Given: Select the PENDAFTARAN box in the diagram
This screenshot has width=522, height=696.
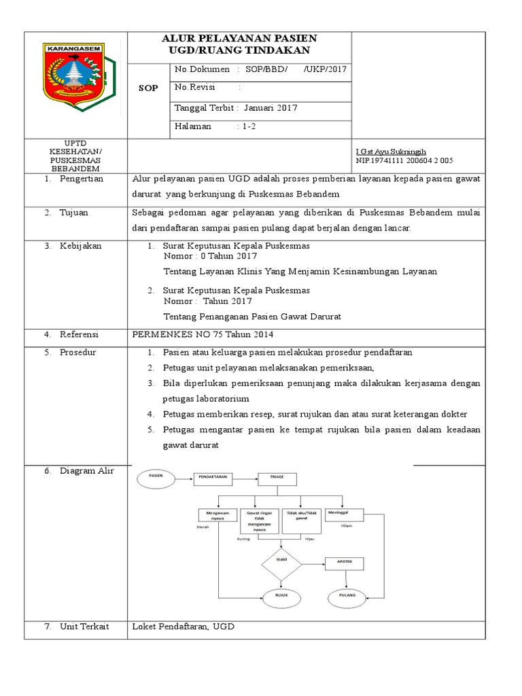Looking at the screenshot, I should (x=213, y=478).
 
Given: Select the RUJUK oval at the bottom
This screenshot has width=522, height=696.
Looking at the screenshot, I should (x=281, y=595).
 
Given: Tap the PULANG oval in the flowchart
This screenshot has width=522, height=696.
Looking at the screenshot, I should (x=347, y=595).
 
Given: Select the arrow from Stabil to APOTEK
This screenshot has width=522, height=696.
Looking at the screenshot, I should (x=312, y=563).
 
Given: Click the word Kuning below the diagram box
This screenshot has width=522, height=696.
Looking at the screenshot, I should (x=243, y=538).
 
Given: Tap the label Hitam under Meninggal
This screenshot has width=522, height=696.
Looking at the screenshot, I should (x=347, y=526).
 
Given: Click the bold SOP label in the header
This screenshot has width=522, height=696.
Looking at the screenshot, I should (x=149, y=88).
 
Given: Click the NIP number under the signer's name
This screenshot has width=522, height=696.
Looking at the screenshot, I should (x=404, y=160).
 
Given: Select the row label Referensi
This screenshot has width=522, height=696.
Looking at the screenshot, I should (x=80, y=334).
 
